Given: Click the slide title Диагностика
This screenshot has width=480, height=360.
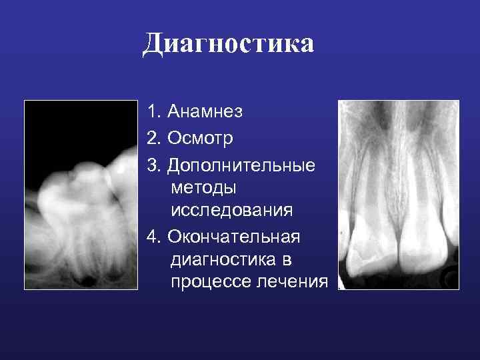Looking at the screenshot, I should (228, 45).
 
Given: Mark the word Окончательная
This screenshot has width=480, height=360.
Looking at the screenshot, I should (235, 236).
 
